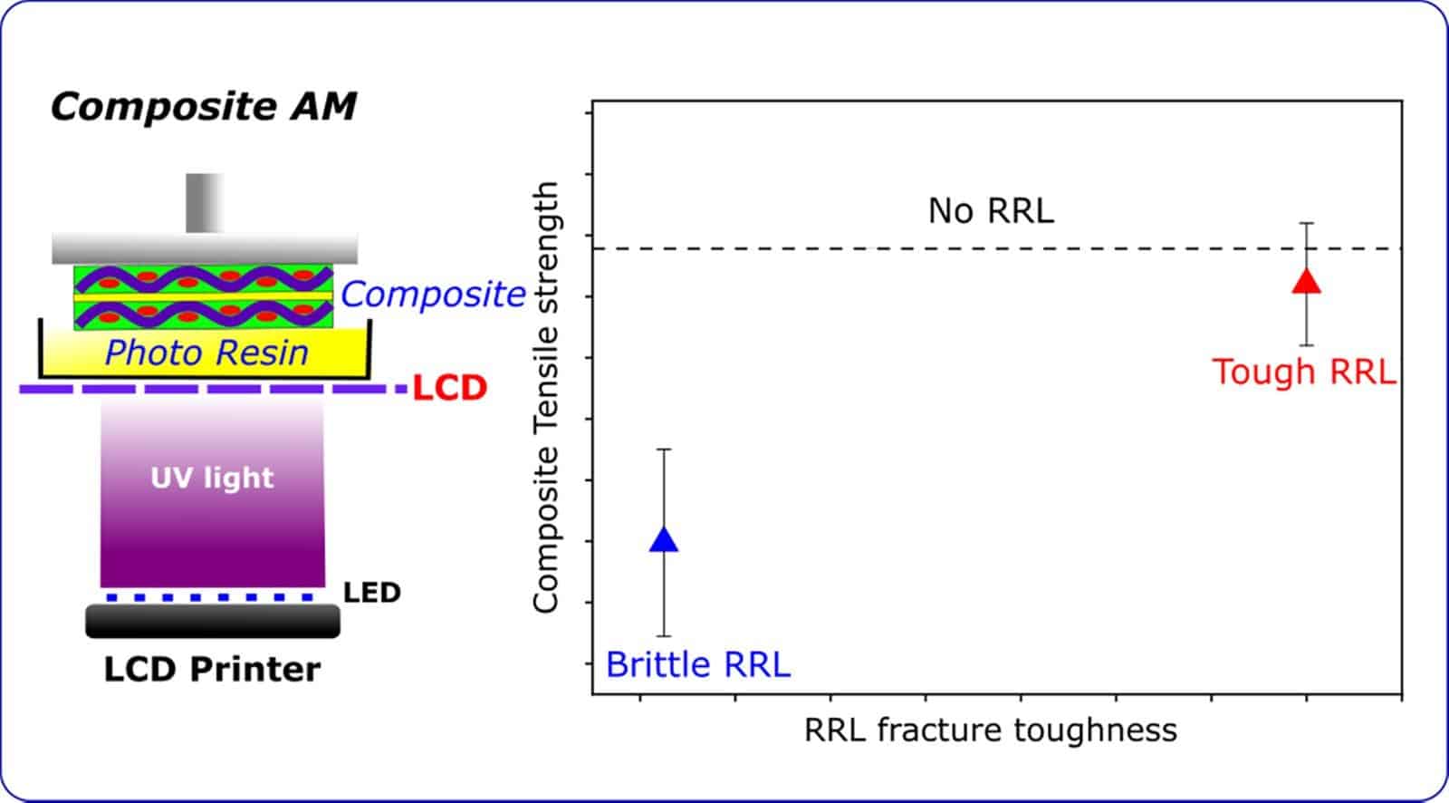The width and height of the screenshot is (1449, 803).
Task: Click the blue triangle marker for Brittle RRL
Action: (x=664, y=540)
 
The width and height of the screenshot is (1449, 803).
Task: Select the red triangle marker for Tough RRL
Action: (x=1306, y=282)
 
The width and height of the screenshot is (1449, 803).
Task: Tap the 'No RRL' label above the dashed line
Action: (x=991, y=211)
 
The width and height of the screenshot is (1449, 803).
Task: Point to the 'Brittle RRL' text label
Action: (x=697, y=664)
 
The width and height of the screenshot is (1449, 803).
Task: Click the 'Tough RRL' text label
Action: (x=1303, y=372)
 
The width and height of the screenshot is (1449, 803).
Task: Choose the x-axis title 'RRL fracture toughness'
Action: (x=990, y=730)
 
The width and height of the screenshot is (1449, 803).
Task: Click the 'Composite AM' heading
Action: (x=203, y=107)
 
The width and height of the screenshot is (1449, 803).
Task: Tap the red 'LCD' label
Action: (x=449, y=388)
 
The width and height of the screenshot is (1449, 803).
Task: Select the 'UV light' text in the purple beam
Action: (x=212, y=478)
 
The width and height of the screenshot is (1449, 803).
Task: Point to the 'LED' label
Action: (x=371, y=593)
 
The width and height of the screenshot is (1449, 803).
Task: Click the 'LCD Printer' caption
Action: (x=212, y=669)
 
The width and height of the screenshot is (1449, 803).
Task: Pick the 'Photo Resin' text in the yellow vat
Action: (x=206, y=353)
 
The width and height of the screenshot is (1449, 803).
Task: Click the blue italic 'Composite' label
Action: (x=433, y=294)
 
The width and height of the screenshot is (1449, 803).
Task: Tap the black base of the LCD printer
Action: (x=213, y=621)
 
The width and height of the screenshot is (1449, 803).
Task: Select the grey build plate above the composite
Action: (x=204, y=247)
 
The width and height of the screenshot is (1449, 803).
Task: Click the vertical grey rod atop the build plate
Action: (x=204, y=202)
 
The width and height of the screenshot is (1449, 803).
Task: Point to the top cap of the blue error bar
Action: (x=664, y=450)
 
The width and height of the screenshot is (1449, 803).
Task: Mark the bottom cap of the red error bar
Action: (x=1306, y=345)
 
